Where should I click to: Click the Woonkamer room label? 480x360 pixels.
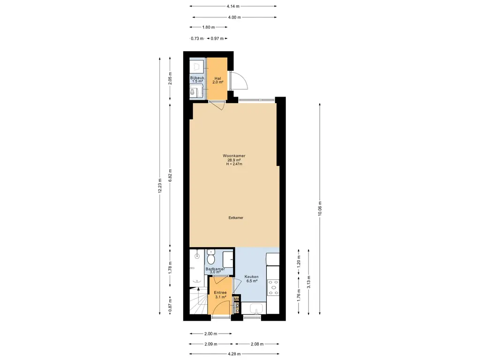point(234,156)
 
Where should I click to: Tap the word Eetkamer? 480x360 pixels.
point(235,217)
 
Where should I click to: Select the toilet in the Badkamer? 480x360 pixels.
point(210,258)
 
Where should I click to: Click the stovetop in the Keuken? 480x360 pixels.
point(272,287)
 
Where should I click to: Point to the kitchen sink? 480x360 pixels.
point(256,308)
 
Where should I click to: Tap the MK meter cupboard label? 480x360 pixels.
point(237,299)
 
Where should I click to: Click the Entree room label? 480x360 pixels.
point(220,292)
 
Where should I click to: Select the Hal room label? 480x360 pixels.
point(217,78)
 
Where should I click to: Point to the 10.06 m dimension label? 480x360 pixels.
point(320,209)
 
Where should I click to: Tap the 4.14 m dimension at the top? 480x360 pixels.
point(233,7)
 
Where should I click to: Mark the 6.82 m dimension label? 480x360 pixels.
point(170,175)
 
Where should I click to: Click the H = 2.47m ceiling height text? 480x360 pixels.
point(234,164)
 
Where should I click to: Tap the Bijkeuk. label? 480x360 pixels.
point(197,78)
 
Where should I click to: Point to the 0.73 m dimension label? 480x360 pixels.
point(197,38)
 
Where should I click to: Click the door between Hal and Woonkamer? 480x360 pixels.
point(217,105)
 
